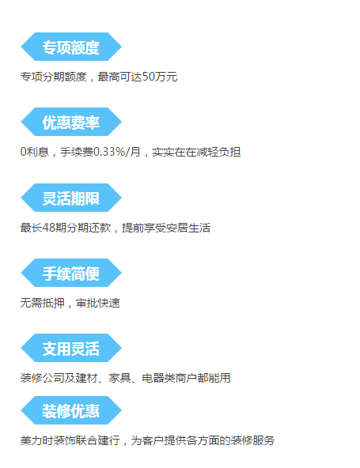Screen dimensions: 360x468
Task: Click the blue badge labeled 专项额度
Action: click(x=71, y=47)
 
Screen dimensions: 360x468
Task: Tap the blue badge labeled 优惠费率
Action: click(x=71, y=122)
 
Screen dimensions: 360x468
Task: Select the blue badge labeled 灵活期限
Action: click(x=71, y=198)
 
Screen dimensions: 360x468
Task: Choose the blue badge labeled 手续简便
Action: click(x=71, y=273)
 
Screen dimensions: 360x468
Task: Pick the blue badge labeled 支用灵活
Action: click(x=71, y=348)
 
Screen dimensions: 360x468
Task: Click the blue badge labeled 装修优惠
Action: click(x=71, y=410)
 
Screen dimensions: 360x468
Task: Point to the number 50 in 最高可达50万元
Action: click(x=149, y=77)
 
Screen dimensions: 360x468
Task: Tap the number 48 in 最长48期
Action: click(x=49, y=228)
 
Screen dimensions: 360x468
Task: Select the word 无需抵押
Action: click(x=43, y=303)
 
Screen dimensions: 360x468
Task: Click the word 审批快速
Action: click(x=98, y=303)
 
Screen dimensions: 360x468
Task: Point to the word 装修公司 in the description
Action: click(x=43, y=378)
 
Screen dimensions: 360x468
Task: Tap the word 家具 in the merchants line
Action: click(x=119, y=378)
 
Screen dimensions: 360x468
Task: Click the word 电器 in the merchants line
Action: click(x=153, y=378)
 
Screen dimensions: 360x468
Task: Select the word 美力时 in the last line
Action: click(x=36, y=440)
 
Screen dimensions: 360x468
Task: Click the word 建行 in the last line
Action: click(x=109, y=440)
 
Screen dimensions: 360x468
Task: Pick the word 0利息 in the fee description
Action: click(x=35, y=152)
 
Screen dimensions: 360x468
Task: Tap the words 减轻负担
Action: click(x=218, y=152)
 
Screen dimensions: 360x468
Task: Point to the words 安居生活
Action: click(x=188, y=228)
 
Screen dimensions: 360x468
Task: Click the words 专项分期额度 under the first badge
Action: click(x=54, y=77)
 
